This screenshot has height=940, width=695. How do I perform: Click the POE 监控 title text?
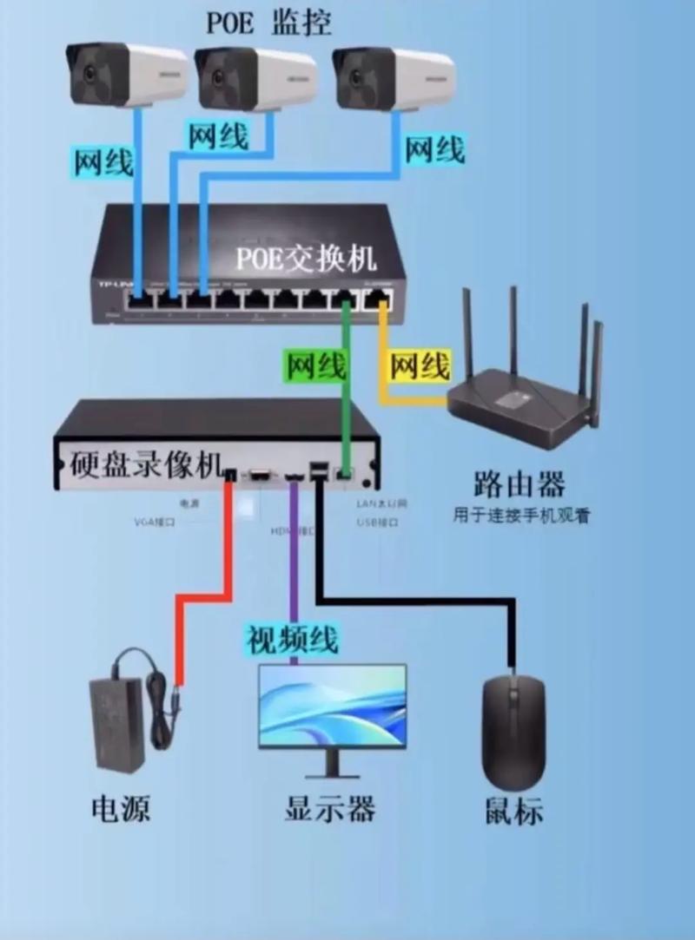(268, 22)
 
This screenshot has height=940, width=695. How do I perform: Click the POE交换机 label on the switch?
(308, 257)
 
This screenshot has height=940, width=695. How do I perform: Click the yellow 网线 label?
(420, 366)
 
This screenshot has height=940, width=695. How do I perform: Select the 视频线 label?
(291, 639)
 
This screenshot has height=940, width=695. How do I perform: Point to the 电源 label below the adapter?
(121, 809)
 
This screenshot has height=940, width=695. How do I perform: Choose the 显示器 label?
(330, 809)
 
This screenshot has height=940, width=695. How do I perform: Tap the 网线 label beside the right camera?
(434, 149)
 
